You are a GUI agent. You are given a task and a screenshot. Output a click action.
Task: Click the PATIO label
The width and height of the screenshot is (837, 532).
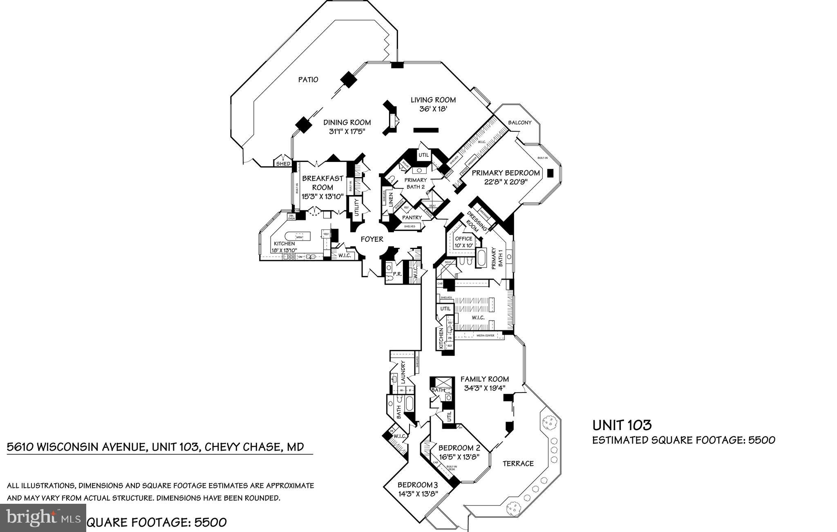[308, 79]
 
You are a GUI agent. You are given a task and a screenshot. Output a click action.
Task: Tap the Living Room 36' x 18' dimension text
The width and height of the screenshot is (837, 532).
[433, 109]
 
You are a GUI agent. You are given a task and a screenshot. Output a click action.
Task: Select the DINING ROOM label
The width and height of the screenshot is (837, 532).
[347, 122]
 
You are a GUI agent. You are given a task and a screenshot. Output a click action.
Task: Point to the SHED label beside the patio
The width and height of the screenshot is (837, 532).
[283, 164]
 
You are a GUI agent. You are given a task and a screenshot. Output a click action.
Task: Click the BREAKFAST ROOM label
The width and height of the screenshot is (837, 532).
[322, 183]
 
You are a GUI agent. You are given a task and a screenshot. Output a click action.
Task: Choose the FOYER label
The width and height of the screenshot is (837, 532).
[372, 239]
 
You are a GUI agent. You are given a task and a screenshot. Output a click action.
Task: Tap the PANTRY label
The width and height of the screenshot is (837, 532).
[412, 218]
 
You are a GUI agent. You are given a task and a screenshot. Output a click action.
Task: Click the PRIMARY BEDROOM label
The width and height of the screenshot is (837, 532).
[506, 173]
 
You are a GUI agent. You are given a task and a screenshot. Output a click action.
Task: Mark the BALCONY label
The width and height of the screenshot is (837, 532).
[519, 123]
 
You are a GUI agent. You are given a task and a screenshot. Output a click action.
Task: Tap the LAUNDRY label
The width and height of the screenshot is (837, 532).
[403, 372]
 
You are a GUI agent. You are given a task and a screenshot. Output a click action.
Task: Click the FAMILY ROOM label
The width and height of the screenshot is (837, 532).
[484, 379]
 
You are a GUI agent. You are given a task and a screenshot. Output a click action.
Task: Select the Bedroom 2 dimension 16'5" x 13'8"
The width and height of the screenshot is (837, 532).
[459, 457]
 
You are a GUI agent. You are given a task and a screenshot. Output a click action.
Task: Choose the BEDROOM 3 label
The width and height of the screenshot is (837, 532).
[417, 485]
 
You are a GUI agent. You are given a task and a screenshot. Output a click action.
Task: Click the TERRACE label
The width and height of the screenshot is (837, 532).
[518, 463]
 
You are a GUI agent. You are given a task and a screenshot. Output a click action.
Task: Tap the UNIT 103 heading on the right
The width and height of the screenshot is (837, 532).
[622, 425]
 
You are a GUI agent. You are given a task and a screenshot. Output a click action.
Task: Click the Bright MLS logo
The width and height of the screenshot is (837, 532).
[43, 517]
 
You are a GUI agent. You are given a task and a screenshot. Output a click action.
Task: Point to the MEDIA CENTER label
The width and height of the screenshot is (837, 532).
[485, 336]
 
